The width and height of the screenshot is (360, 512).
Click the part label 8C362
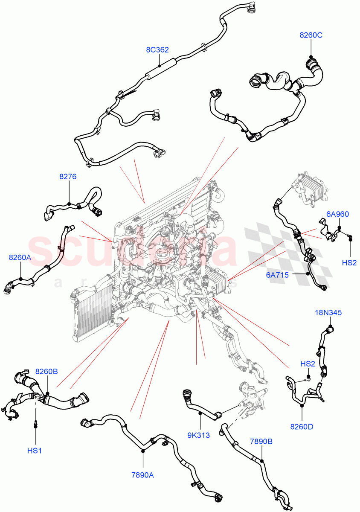[x=157, y=50]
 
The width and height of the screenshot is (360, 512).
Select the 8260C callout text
[x=311, y=35]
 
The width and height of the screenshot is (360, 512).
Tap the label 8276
[x=68, y=177]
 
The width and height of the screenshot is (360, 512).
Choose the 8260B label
[x=46, y=372]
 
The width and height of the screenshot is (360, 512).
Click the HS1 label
[x=35, y=450]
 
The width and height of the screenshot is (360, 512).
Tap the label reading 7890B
[x=261, y=442]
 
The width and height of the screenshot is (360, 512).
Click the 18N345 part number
[x=328, y=313]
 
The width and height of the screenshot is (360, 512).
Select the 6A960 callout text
[x=337, y=215]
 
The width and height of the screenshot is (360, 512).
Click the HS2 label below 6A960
[x=349, y=262]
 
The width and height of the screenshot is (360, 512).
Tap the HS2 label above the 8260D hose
[x=307, y=364]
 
